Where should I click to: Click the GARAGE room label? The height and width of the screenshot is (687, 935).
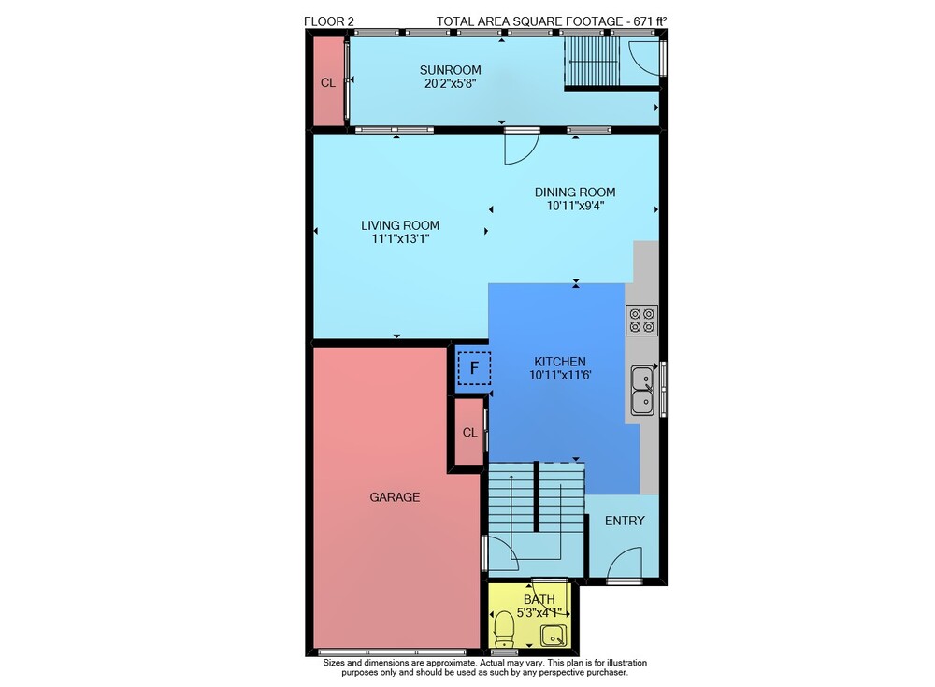(395, 496)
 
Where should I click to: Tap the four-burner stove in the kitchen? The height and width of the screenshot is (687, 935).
(641, 321)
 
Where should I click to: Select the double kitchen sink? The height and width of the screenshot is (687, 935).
(642, 391)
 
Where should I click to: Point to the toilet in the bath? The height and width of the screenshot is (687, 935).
(505, 628)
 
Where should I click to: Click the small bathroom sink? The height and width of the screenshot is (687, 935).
(554, 636)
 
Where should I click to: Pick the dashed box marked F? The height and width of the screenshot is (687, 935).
(474, 368)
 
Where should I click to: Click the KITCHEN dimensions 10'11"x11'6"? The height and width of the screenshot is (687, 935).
(560, 375)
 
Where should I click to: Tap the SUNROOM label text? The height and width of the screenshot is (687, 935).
(451, 70)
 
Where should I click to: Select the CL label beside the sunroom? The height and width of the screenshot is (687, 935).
(328, 83)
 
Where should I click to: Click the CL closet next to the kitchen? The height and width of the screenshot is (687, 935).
(470, 433)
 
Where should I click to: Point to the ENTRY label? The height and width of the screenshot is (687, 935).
(625, 521)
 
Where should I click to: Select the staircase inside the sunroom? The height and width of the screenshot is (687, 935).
(593, 62)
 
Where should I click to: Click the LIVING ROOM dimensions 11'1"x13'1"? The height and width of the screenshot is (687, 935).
(400, 239)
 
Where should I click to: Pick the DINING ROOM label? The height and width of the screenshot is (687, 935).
(575, 192)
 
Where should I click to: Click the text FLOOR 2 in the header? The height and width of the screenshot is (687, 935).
(328, 21)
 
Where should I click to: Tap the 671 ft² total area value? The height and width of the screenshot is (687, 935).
(650, 21)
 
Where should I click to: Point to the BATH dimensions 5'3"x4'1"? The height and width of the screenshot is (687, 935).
(539, 612)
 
